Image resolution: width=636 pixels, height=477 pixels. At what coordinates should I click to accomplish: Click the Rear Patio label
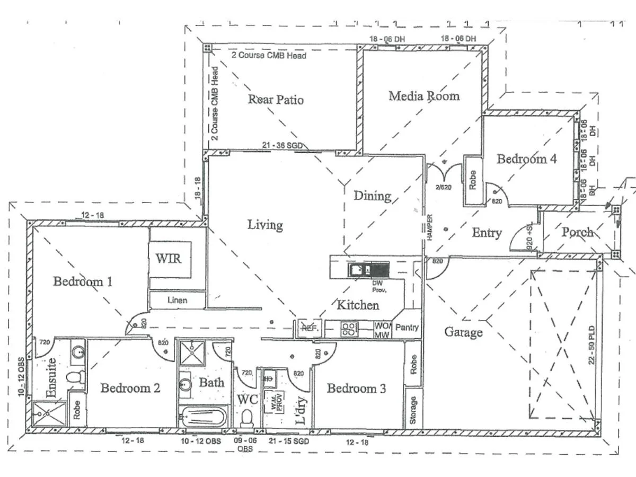tap(276, 99)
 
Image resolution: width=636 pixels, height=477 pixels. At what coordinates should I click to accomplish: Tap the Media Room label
tap(423, 96)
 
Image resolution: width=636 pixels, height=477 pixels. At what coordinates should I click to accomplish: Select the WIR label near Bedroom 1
tap(168, 259)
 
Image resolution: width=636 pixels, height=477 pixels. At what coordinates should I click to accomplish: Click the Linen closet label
tap(178, 301)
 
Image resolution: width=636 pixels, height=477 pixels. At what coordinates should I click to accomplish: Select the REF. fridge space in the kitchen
tap(308, 328)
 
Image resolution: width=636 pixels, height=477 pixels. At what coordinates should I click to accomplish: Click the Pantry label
tap(407, 328)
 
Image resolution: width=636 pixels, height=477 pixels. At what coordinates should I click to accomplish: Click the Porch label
tap(577, 232)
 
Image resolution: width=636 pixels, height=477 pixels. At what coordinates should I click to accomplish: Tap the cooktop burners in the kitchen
tap(349, 329)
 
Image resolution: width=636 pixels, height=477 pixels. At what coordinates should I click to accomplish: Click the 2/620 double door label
tap(443, 187)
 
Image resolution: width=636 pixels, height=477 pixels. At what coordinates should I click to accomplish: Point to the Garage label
tap(463, 332)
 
